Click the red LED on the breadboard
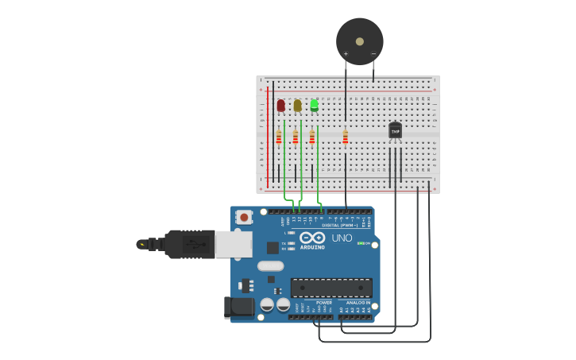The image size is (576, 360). (x=280, y=105)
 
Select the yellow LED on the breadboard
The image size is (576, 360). (x=297, y=105)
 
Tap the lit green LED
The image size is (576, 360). (x=314, y=105)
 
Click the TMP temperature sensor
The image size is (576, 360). (x=395, y=130)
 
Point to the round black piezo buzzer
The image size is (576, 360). (x=359, y=41)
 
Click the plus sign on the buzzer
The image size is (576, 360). (x=346, y=54)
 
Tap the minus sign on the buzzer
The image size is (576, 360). (x=373, y=54)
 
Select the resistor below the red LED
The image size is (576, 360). (x=279, y=138)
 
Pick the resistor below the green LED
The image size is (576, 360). (x=312, y=138)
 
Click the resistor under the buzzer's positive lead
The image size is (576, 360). (x=346, y=138)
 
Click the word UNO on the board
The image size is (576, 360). (x=342, y=238)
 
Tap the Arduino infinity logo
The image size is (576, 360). (x=312, y=238)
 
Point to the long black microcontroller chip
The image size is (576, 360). (x=331, y=288)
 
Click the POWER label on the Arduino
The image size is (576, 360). (x=324, y=302)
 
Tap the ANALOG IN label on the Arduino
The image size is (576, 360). (x=358, y=302)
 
